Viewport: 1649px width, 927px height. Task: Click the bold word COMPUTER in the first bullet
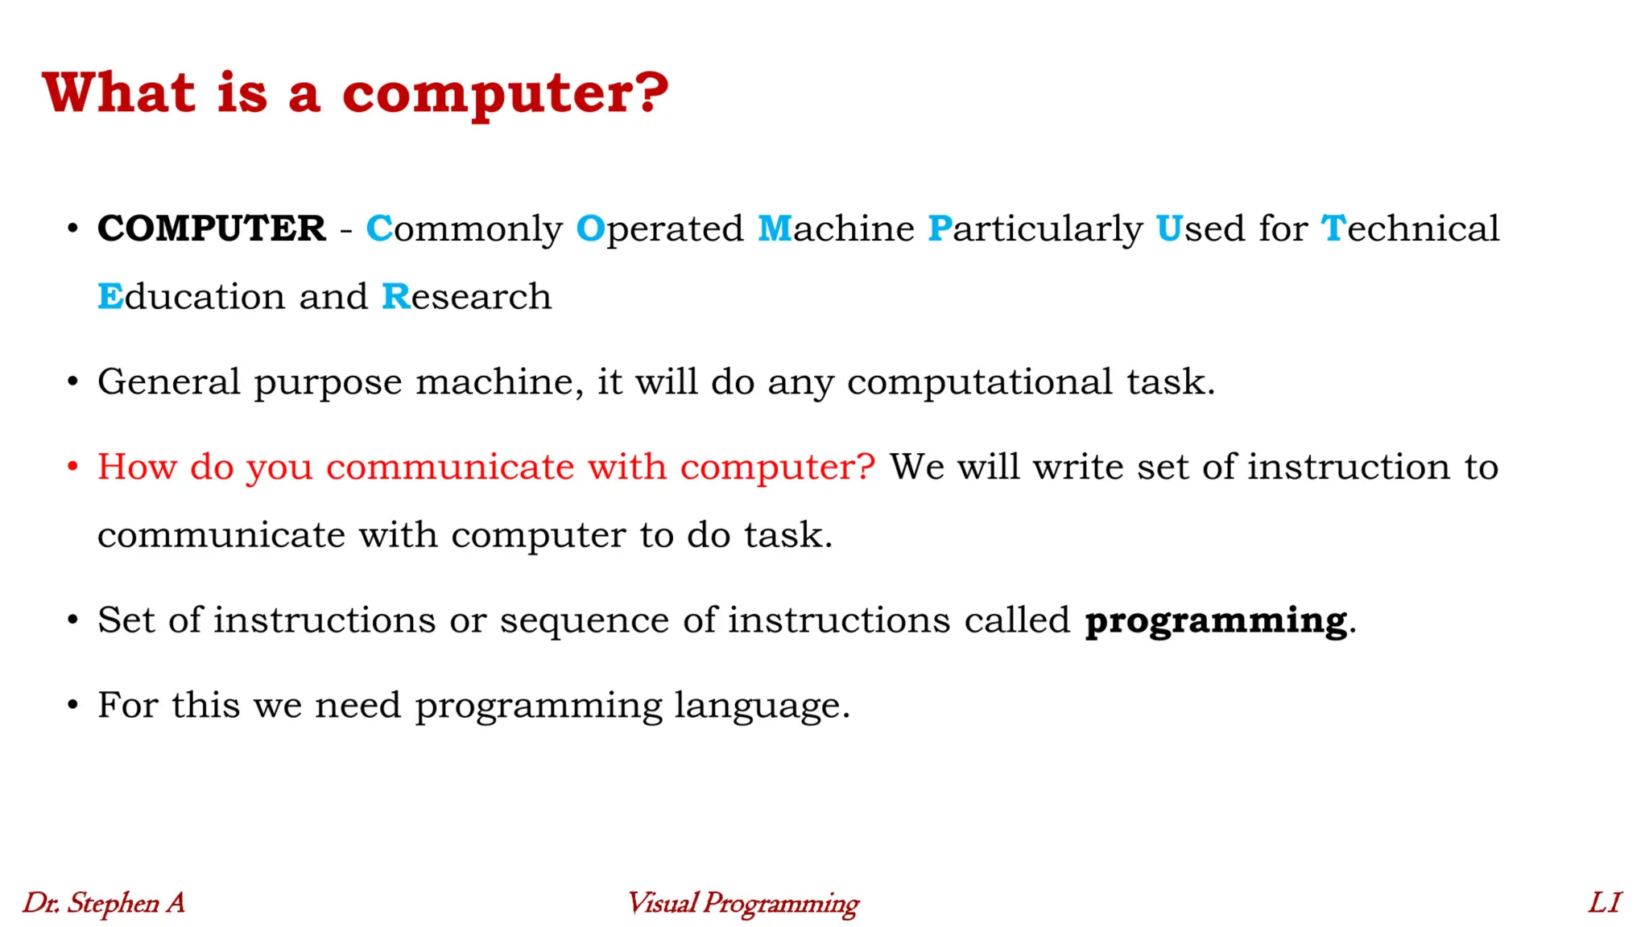point(212,229)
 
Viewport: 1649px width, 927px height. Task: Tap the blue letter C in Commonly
point(378,229)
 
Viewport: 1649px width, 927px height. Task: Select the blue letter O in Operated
point(590,229)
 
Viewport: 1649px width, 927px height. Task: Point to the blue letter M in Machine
point(775,229)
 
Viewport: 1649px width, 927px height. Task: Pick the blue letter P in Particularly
point(940,229)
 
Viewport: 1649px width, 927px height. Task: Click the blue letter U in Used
point(1169,229)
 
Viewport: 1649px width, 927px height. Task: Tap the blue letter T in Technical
point(1333,229)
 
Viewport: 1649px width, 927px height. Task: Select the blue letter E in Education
point(110,297)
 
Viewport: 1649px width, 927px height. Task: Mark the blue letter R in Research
point(395,297)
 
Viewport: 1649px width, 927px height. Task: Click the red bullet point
point(72,467)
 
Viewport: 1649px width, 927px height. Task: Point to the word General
point(168,381)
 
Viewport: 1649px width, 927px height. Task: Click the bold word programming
point(1216,621)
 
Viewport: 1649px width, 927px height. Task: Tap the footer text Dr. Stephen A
point(104,903)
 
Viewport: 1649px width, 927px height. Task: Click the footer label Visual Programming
point(742,904)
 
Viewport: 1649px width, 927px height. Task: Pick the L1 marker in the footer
point(1604,903)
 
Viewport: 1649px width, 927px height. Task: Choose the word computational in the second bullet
point(979,381)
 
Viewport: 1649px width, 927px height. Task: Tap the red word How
point(137,467)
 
